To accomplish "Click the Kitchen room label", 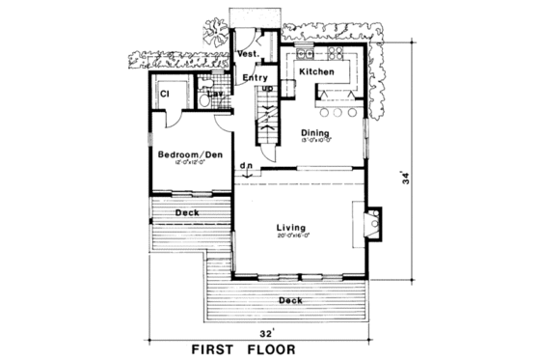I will point(315,72).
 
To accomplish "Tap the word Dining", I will point(315,132).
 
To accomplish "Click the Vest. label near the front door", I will point(245,55).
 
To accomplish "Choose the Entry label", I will point(255,77).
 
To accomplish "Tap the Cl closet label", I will point(164,94).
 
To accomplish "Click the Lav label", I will point(203,94).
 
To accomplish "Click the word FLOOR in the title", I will point(268,348).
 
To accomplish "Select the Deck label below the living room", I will point(290,300).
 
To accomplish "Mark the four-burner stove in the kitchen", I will point(339,52).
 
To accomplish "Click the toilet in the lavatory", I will point(205,103).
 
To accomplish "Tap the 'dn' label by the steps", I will point(247,166).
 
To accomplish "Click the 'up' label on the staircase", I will point(267,89).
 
